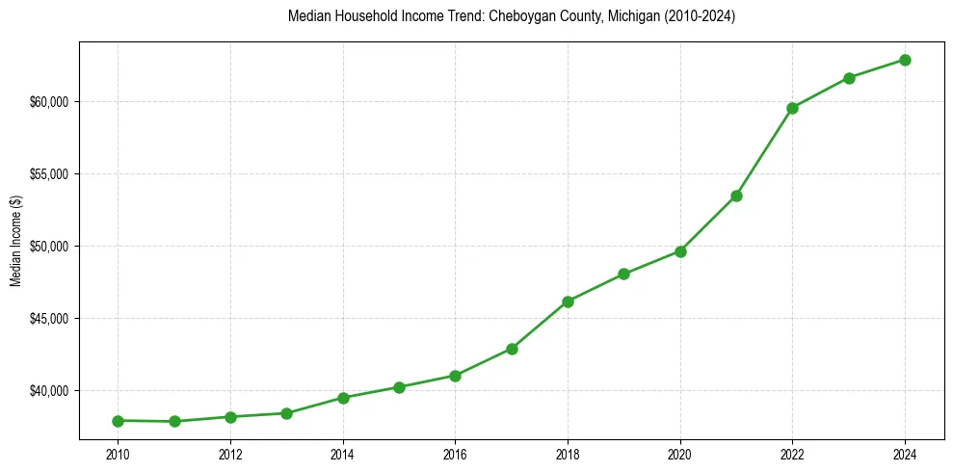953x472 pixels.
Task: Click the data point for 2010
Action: click(118, 421)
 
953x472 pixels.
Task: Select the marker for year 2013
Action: click(286, 413)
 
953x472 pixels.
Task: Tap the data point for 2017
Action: click(512, 349)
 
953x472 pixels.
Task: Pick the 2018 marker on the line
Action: click(568, 302)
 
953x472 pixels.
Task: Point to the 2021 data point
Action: click(736, 196)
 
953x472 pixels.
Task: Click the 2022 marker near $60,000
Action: click(792, 108)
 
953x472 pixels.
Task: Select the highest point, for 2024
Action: click(905, 60)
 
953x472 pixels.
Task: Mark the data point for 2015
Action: click(399, 387)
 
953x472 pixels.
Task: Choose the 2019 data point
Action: click(623, 274)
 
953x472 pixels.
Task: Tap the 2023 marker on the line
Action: click(849, 78)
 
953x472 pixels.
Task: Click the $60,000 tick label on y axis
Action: click(48, 102)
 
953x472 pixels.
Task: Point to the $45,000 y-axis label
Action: click(48, 319)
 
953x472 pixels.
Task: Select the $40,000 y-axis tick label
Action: click(48, 391)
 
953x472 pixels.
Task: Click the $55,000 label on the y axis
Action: click(48, 174)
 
